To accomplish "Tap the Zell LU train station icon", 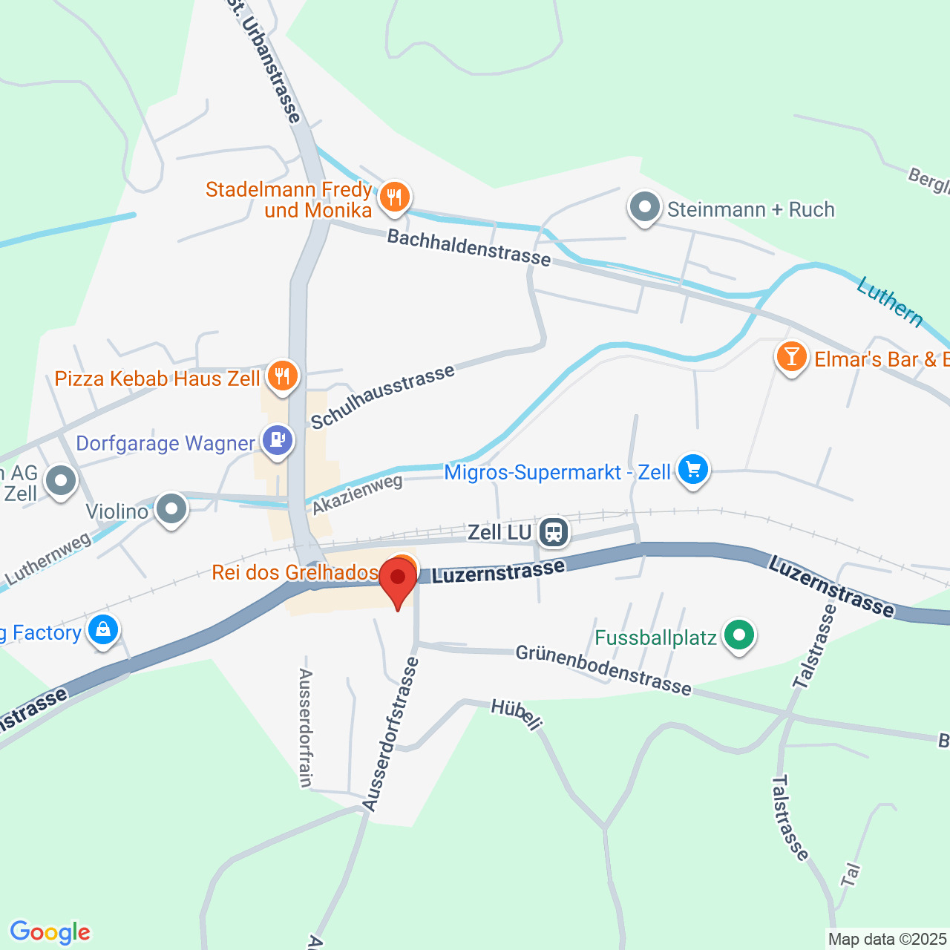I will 554,532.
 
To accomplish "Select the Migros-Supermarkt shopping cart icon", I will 693,470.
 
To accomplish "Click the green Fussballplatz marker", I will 738,636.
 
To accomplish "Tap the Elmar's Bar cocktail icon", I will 791,358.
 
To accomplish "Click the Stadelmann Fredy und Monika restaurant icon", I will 395,197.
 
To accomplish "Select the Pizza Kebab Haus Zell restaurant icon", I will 282,376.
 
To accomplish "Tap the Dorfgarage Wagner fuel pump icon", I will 278,442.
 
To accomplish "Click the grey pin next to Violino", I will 172,510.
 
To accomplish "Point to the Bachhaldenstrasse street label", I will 469,248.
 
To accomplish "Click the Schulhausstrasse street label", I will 382,398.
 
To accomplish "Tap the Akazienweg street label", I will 358,494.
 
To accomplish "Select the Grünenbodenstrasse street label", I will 603,670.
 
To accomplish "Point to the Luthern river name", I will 890,301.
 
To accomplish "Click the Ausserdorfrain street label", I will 305,727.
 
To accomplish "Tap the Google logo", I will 50,932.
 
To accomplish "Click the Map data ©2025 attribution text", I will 888,940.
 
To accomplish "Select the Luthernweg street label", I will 47,558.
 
